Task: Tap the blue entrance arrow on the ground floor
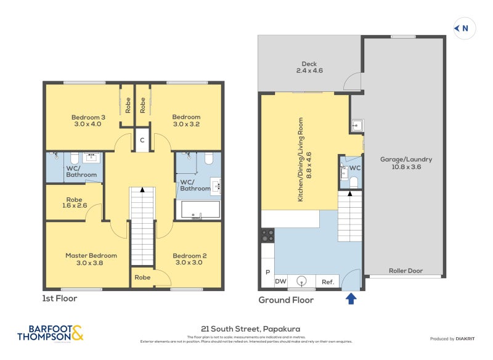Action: pos(351,299)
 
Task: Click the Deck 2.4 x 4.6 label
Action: pos(309,67)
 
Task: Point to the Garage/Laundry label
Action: pos(405,163)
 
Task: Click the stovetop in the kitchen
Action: pos(268,235)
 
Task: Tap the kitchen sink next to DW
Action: pos(301,281)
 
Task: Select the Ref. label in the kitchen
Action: pos(328,282)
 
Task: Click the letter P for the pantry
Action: pos(267,272)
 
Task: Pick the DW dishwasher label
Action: pos(280,282)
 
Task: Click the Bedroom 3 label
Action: pos(88,120)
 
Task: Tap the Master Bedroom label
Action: pos(91,259)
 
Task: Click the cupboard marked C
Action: pos(142,140)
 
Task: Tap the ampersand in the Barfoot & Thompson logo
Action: pos(77,333)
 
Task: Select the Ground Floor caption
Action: pos(285,300)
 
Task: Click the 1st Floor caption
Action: pos(60,298)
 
